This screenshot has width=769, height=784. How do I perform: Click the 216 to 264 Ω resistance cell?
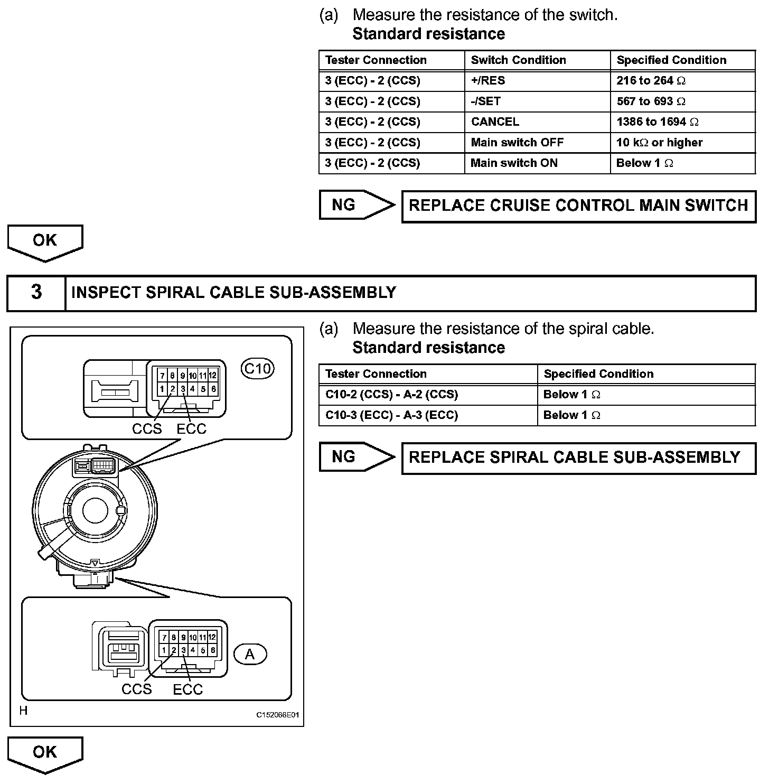651,81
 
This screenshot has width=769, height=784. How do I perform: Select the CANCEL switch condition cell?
495,122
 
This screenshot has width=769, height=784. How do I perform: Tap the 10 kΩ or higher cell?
659,143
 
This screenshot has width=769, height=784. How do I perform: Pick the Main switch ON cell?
514,163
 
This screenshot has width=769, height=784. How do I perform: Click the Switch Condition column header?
518,60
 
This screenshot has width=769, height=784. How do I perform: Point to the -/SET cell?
485,101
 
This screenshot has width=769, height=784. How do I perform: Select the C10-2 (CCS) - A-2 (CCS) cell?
391,395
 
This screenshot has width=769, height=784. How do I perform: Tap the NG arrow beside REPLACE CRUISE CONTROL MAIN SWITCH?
357,205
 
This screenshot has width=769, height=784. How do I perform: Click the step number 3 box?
36,292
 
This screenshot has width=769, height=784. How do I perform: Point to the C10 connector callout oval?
257,368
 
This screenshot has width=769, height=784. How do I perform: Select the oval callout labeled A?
250,655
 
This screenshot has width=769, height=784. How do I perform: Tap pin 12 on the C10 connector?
213,376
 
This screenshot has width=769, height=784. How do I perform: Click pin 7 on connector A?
164,638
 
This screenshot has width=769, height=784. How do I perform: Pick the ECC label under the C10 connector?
191,429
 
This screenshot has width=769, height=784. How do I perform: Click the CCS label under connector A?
136,689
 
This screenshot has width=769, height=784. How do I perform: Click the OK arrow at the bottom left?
45,753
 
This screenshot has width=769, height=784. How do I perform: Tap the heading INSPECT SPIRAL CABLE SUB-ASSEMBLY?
233,293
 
